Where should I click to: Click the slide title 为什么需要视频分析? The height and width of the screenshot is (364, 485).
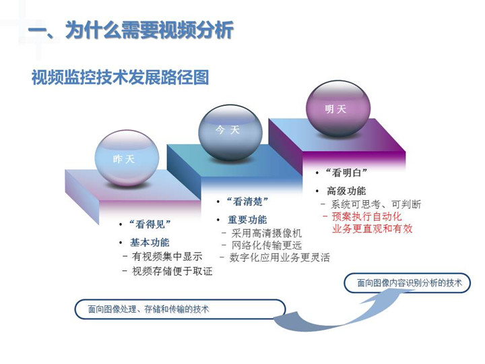pos(150,30)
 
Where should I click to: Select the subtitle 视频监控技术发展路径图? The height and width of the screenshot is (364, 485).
pos(121,77)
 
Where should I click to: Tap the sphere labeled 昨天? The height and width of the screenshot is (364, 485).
pos(127,158)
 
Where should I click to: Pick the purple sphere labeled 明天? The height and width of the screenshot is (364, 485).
pos(337,109)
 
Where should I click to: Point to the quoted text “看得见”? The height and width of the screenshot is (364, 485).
pos(150,224)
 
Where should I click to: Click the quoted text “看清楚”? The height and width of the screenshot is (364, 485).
pos(247,202)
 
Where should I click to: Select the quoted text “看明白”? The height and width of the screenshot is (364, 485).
pos(346,173)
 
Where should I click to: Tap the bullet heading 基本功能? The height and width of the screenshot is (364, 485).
pos(150,243)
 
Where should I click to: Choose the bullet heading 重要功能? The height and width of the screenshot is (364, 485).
pos(247,220)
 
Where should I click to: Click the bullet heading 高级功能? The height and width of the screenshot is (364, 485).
pos(346,191)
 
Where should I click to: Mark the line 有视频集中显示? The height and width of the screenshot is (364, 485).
pos(167,256)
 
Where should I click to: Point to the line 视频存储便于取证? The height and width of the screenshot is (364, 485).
pos(172,271)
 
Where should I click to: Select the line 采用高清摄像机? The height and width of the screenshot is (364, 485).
pos(266,233)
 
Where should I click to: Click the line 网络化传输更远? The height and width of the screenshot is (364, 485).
pos(266,245)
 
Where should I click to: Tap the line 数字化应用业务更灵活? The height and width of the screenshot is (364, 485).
pos(280,257)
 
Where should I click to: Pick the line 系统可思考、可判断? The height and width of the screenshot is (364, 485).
pos(376,204)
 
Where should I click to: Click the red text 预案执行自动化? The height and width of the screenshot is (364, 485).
pos(366,216)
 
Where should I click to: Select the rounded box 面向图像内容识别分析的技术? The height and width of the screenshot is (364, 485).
pos(407,282)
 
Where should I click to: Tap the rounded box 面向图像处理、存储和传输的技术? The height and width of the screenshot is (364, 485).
pos(180,309)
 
